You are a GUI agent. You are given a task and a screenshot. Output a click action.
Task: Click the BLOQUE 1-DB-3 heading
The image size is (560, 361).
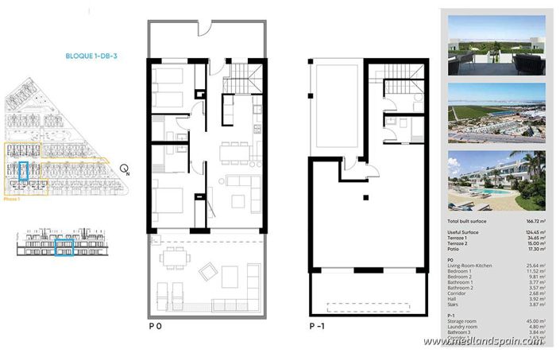point(92,56)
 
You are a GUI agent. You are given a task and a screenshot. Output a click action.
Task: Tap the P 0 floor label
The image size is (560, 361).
point(156,327)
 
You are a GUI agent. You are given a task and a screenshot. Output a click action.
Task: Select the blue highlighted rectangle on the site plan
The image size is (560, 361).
point(23,173)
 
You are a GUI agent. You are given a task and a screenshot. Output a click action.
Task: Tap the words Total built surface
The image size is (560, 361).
point(467,220)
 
